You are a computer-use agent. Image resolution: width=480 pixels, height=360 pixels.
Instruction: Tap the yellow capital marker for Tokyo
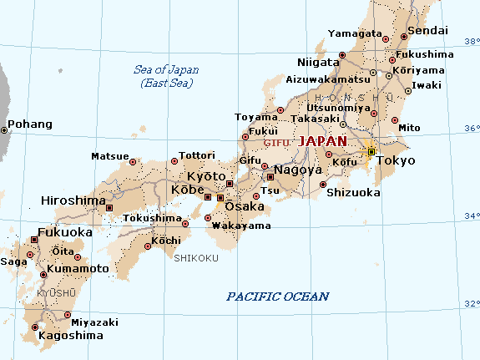coord(371,151)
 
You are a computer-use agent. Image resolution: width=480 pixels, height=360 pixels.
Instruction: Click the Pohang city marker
coord(4,129)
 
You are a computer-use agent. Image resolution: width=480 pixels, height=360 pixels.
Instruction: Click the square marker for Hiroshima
coord(109,206)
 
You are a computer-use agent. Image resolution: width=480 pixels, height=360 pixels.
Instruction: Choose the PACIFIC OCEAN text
coord(278,297)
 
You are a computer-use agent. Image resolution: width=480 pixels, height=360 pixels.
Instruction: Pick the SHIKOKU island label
coord(196,258)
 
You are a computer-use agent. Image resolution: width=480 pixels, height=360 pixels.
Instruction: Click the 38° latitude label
coord(472,42)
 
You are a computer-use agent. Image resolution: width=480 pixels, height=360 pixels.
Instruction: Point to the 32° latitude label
coord(472,303)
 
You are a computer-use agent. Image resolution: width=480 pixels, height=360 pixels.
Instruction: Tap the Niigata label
coord(318,62)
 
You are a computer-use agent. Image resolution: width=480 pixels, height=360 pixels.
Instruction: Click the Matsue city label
coord(109,156)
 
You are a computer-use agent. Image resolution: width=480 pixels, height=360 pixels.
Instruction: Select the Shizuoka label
coord(353,192)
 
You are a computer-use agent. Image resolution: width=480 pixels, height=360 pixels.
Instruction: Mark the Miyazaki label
coord(95,322)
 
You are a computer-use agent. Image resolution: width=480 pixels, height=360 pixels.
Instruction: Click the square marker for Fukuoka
coord(34,240)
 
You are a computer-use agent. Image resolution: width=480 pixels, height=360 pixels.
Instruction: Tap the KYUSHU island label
coord(56,292)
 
